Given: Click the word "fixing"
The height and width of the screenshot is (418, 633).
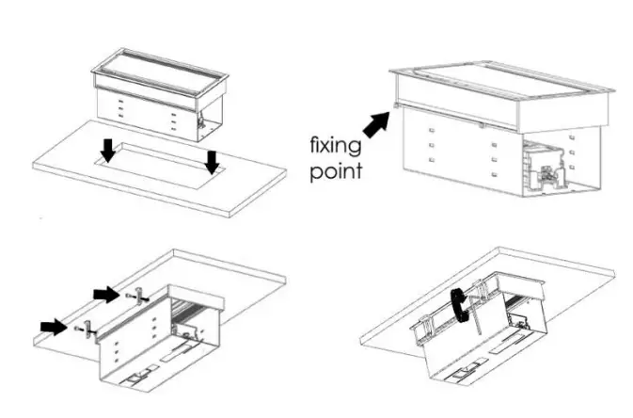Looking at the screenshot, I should (x=337, y=147).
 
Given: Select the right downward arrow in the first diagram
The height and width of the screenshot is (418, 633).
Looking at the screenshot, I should (x=213, y=162).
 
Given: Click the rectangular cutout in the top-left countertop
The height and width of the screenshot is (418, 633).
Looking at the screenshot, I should (x=160, y=161).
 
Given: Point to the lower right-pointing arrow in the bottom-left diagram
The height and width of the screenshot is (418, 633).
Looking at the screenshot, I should (x=53, y=326).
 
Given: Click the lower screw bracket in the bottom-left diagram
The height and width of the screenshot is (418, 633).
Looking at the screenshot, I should (x=85, y=329).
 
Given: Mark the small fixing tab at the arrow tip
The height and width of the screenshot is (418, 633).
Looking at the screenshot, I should (x=396, y=106).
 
